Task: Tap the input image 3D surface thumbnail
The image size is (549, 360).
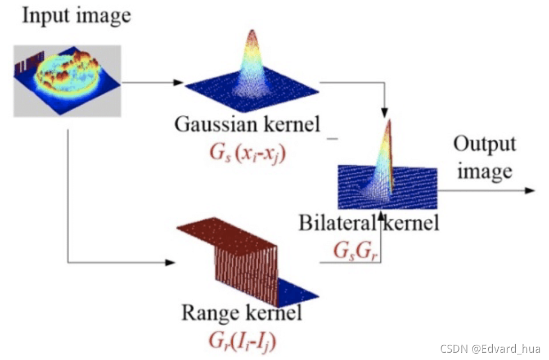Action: tap(67, 80)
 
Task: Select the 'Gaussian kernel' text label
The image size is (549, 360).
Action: tap(247, 124)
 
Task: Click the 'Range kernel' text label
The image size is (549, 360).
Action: tap(241, 312)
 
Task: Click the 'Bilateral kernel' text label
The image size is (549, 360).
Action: tap(368, 223)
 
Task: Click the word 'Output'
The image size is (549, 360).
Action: tap(484, 144)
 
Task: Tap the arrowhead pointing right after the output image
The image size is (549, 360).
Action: tap(528, 190)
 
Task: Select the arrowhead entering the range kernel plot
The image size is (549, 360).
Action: tap(171, 263)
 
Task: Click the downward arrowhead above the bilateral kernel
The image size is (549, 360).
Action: tap(385, 111)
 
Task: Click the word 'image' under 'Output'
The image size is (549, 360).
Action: tap(484, 171)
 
